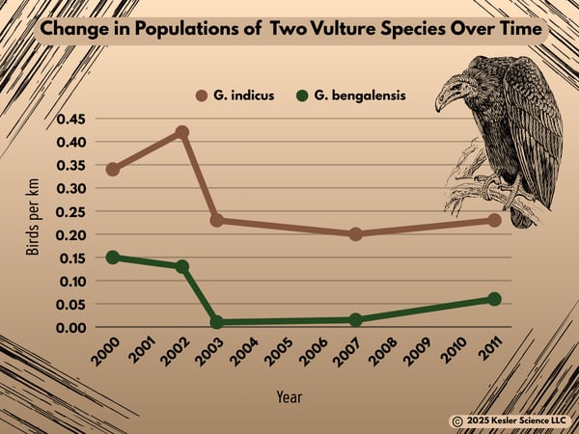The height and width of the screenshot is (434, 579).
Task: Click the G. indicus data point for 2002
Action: coord(181,132)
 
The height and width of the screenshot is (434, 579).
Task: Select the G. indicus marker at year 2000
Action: coord(113,170)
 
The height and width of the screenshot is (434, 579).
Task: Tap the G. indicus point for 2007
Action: coord(355,234)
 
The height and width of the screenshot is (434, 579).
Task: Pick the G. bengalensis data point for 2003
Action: coord(217,322)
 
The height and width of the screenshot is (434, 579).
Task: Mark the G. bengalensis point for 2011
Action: coord(494,299)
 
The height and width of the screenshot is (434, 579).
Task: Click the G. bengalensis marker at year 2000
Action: coord(113,258)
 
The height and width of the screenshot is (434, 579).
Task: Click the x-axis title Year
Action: coord(289,396)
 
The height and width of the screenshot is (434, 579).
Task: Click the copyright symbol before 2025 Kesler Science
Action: coord(455,420)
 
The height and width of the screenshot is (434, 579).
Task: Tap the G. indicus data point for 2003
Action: coord(217,221)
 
